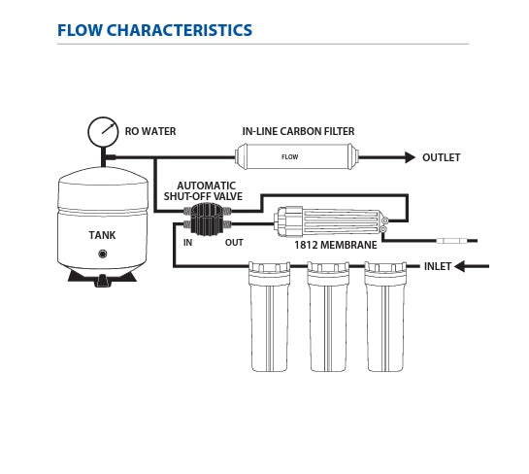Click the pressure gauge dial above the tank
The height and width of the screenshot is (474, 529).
pos(103,132)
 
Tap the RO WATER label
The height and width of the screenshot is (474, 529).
pos(150,131)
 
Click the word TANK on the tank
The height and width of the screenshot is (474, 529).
pos(102,235)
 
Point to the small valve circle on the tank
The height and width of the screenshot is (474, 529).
pos(102,254)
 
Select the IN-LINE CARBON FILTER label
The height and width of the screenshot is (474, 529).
pos(298,131)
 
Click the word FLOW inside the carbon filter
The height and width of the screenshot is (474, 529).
pos(290,157)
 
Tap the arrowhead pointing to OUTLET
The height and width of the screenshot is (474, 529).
pos(410,157)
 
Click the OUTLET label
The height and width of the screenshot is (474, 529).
pos(442,157)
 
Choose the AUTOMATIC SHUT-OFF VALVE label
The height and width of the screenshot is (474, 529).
pos(204,191)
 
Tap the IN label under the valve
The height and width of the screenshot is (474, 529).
pos(187,243)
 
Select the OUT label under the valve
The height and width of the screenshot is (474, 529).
pos(234,243)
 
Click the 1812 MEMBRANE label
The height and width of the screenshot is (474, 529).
pos(335,245)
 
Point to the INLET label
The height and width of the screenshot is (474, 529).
pos(437,266)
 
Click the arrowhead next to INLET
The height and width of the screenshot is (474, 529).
pos(459,266)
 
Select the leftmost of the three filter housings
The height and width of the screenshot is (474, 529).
pos(269,317)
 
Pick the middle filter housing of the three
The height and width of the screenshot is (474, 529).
pos(327,317)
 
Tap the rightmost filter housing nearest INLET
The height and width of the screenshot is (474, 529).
pos(385,317)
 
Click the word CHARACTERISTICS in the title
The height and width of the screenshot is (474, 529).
pos(180,30)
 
